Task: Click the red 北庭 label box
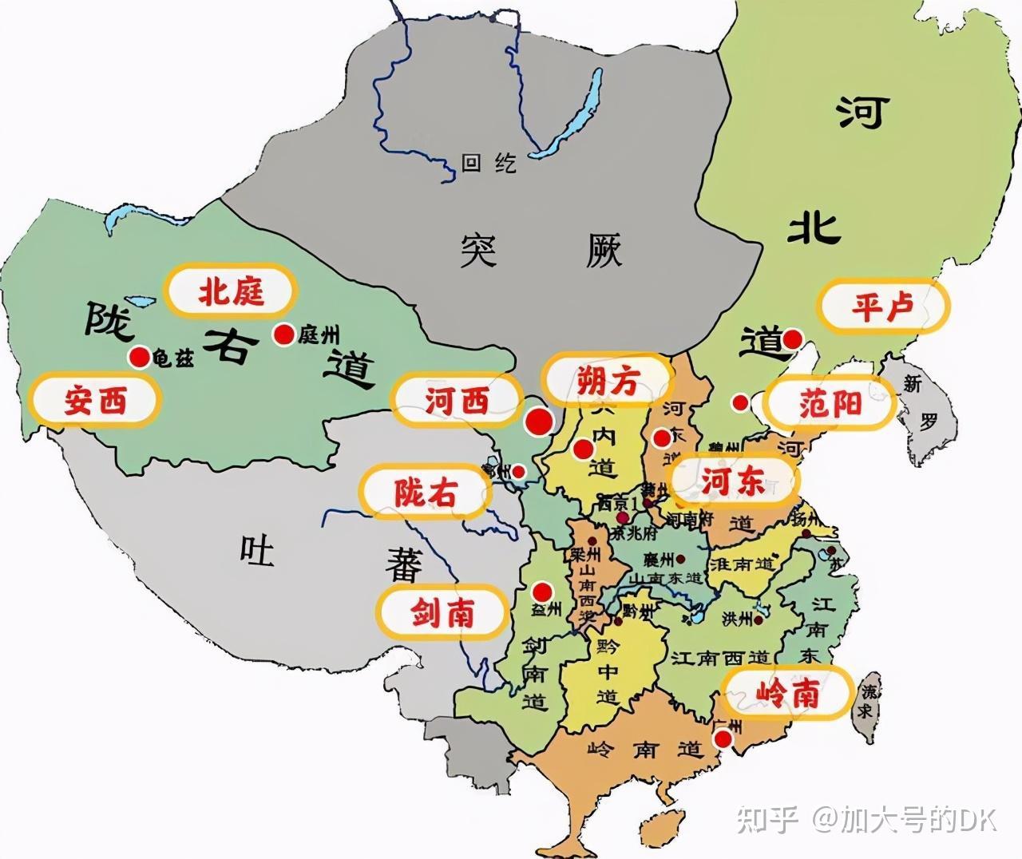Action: point(231,291)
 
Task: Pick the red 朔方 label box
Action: point(608,382)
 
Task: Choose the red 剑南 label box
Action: point(442,613)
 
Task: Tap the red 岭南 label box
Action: point(787,694)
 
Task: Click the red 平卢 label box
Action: point(882,306)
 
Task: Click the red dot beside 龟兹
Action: point(140,357)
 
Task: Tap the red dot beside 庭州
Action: point(283,334)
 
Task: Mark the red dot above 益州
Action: point(542,592)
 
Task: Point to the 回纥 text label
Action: point(489,164)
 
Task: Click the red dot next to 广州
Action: point(723,740)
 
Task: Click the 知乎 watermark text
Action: point(767,819)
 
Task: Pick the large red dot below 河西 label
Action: point(539,422)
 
